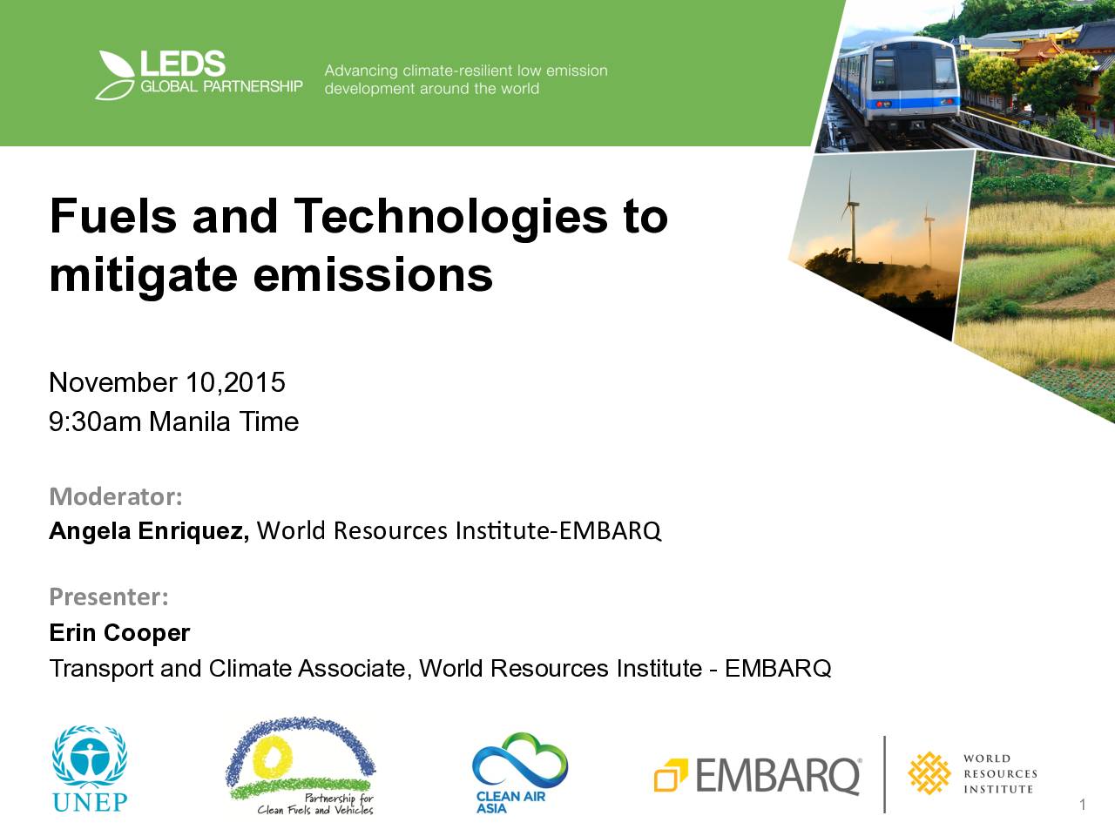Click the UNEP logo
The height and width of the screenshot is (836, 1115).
click(90, 768)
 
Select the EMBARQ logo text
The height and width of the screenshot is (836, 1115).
click(778, 775)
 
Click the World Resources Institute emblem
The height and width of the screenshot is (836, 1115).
click(929, 773)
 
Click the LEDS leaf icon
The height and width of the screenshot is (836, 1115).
click(115, 75)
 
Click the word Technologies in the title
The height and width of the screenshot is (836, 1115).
click(450, 217)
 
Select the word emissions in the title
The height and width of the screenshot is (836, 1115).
click(373, 274)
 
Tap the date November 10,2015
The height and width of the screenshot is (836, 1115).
click(167, 382)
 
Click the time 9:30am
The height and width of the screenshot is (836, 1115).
click(95, 421)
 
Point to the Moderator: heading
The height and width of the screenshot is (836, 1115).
click(116, 496)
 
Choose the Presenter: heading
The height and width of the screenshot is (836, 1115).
click(109, 597)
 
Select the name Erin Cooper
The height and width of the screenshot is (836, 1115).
click(119, 633)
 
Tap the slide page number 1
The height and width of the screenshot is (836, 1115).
click(1082, 805)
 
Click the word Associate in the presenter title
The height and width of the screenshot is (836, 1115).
click(355, 669)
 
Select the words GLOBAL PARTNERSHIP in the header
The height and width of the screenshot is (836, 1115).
click(221, 86)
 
